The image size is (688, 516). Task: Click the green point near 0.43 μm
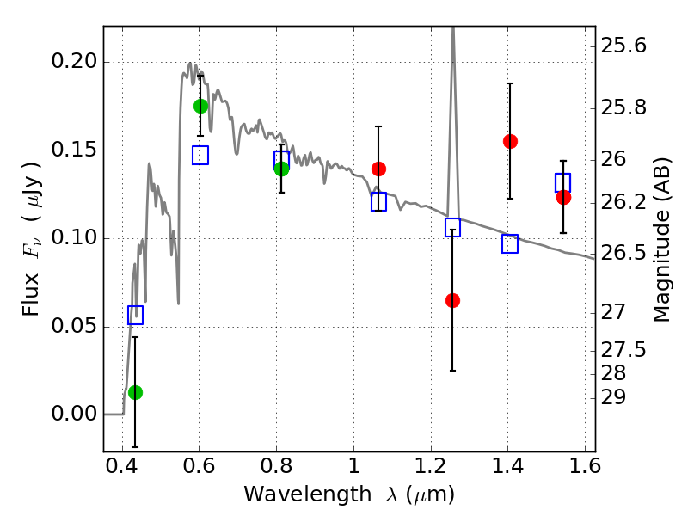(135, 392)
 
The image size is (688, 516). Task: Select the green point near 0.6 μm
(200, 106)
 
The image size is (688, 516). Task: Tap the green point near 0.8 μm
(281, 169)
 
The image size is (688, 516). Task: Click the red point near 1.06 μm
(378, 169)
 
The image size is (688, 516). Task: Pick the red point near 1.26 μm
(452, 300)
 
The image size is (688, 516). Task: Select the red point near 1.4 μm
(510, 141)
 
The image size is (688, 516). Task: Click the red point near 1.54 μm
(563, 197)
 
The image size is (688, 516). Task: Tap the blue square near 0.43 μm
(135, 315)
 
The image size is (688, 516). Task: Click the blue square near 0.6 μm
(200, 155)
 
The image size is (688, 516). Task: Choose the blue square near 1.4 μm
(510, 243)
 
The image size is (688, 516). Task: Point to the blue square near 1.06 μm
(378, 202)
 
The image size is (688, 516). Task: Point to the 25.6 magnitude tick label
(627, 46)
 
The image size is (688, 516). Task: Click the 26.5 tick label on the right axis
(627, 253)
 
